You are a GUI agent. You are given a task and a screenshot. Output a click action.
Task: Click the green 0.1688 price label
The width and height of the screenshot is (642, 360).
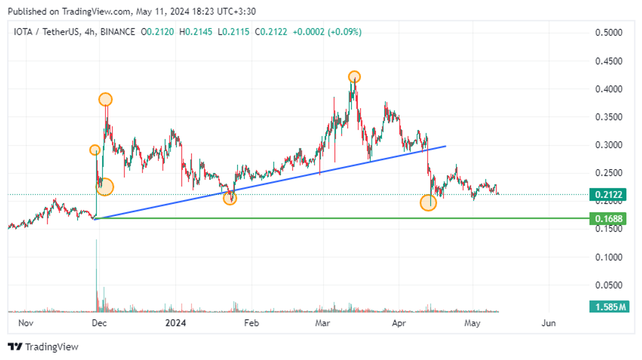point(608,219)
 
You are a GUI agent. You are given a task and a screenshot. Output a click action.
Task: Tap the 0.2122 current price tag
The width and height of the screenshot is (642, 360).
point(608,195)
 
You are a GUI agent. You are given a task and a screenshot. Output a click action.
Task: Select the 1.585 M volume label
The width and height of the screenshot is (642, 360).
point(609,307)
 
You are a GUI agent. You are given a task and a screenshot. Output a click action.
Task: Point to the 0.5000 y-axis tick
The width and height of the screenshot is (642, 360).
point(609,33)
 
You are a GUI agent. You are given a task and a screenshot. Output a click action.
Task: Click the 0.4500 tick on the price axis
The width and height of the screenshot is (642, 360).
point(609,61)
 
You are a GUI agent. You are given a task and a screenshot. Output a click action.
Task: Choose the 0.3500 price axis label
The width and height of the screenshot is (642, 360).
point(609,117)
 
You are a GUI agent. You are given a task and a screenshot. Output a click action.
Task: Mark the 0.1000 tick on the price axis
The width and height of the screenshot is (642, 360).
point(609,257)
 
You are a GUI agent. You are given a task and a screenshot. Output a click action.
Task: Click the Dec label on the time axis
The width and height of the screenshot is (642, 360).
point(99,323)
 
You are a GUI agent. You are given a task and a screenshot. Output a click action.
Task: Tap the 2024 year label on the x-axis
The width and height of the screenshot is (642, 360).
point(175,323)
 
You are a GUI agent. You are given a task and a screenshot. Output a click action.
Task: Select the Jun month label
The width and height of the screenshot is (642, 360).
point(548,323)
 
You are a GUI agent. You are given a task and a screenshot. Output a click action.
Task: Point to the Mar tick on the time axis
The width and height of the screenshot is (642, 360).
point(323,323)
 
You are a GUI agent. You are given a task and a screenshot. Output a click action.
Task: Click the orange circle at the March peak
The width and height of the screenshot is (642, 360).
point(354,77)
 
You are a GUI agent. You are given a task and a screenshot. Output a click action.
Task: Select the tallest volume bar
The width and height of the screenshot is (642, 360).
point(97,275)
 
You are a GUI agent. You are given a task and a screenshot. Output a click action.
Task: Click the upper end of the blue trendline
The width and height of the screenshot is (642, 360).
point(446,146)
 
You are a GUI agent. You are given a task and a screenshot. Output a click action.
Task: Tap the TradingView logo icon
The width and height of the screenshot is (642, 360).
point(15,347)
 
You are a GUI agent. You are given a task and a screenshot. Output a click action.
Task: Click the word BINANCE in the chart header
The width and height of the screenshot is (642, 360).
point(118,32)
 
